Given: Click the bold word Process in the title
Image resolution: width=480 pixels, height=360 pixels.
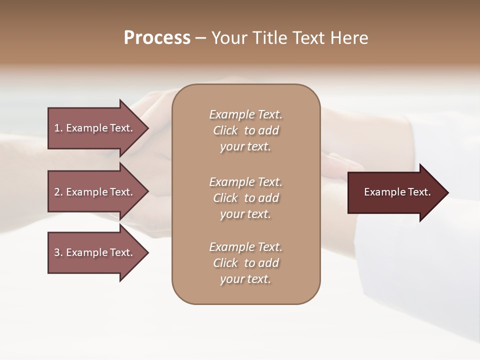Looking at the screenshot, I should click(x=157, y=38).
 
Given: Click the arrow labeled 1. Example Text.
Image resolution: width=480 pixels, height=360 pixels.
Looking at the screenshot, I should click(x=95, y=128).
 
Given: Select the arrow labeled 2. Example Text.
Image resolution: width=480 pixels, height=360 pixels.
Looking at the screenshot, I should click(x=95, y=192).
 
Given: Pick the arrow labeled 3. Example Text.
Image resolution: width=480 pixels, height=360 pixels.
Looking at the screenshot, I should click(x=95, y=252).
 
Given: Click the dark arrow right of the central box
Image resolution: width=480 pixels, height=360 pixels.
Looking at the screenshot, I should click(x=395, y=192).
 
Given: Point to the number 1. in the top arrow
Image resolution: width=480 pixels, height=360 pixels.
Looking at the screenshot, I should click(x=58, y=128).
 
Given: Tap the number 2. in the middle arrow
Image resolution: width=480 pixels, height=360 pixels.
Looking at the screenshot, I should click(x=58, y=192).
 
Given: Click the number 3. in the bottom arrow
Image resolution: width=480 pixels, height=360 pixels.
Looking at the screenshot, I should click(x=58, y=252).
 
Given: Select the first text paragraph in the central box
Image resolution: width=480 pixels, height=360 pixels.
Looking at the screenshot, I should click(x=245, y=130).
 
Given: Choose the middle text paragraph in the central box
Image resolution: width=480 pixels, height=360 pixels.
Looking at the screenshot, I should click(x=245, y=198).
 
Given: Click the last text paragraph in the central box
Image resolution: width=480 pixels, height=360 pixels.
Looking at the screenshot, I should click(x=245, y=263).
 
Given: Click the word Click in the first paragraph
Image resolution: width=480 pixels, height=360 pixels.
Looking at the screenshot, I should click(x=225, y=130).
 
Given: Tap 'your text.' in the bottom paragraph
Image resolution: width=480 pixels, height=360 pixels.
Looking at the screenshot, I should click(x=245, y=279).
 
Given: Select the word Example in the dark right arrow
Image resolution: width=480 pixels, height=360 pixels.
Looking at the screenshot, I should click(x=381, y=192).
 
